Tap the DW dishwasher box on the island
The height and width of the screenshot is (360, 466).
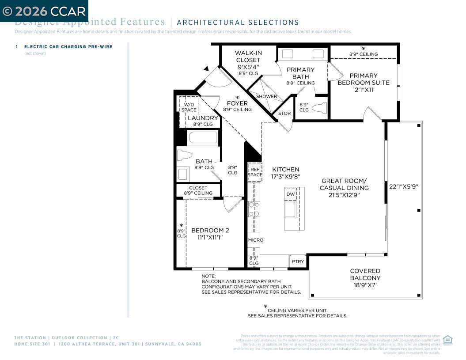tap(290, 194)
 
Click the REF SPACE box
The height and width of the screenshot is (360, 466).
tap(255, 172)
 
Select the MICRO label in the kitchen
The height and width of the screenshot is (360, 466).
tap(255, 240)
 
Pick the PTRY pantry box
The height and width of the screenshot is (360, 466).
tap(298, 261)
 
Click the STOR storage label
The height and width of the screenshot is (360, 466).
tap(284, 114)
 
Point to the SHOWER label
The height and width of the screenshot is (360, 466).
tap(267, 96)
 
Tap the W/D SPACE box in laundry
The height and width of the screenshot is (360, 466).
tap(189, 107)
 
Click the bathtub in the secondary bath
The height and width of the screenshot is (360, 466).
tap(203, 138)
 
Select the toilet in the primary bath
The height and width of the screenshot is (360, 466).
tap(320, 108)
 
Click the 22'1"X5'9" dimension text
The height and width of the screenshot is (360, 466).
tap(403, 186)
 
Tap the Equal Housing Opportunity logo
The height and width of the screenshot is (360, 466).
tap(447, 340)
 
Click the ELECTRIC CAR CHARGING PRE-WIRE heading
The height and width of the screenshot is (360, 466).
tap(68, 46)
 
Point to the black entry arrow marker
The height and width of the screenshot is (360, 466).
tap(206, 68)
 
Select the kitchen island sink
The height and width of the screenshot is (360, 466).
tap(290, 209)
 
